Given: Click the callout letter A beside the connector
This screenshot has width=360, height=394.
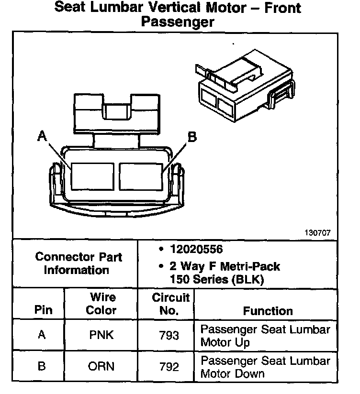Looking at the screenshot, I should coord(43,137).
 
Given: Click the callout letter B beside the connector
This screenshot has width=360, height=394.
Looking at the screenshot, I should coord(192,137).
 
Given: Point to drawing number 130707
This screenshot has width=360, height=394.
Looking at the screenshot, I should coord(317,233).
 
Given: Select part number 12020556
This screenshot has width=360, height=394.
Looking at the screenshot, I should coord(196,250).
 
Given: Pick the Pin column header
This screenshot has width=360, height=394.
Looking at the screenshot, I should coord(43,309).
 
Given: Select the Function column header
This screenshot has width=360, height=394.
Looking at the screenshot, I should coord(268,311).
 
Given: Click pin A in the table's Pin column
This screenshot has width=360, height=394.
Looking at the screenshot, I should coord(42,335).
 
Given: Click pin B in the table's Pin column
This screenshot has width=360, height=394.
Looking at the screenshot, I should coord(42,367).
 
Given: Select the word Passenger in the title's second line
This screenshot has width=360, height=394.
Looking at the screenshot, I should coord(177,22).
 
